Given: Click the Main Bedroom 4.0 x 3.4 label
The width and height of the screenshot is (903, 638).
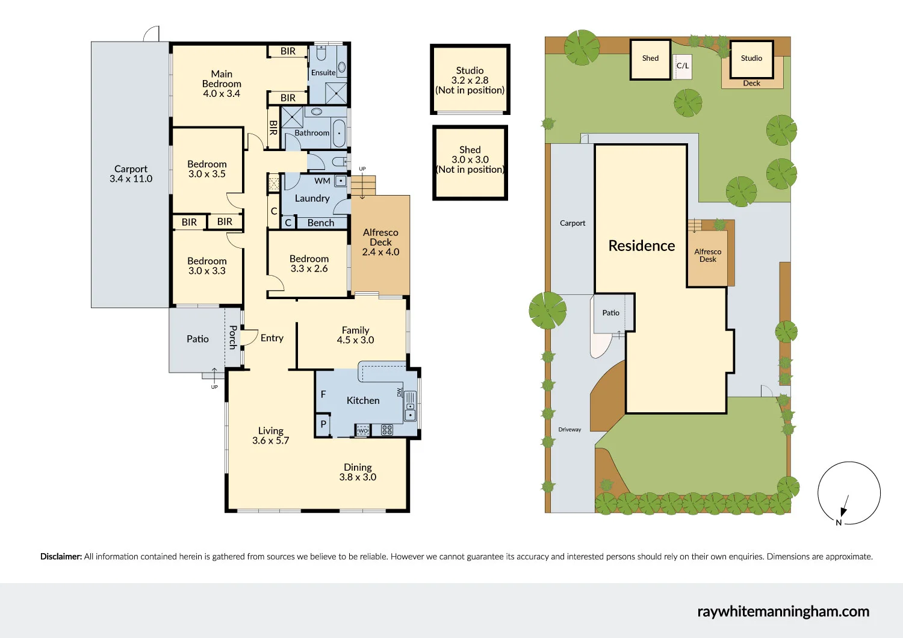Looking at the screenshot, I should (222, 84).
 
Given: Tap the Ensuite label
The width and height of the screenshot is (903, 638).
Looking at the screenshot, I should (323, 73).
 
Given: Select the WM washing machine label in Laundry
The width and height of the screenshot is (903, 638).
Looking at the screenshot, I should (322, 181).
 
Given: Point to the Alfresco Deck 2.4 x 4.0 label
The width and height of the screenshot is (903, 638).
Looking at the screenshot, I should (380, 242).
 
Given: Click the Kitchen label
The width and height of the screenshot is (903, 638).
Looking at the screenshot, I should (363, 400).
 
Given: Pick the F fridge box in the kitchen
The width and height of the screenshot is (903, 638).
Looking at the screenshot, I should (323, 394).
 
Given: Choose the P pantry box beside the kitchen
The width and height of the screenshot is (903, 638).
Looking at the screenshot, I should (323, 424).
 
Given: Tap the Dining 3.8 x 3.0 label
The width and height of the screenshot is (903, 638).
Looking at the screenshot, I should (358, 472).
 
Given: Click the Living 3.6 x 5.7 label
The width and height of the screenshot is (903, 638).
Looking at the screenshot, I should (271, 435).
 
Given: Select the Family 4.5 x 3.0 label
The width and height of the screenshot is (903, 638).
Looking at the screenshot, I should (355, 335).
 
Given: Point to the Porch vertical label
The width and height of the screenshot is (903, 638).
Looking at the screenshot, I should (233, 337).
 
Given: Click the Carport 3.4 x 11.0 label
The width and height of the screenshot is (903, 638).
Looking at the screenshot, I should (131, 174).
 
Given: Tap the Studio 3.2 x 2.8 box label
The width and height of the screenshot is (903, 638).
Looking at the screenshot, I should (470, 80).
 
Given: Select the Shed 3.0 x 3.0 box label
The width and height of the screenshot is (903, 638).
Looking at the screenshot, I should (470, 159).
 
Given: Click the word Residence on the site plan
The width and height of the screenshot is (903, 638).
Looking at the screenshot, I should (642, 246).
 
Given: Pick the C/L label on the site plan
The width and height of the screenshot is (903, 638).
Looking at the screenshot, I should (683, 66).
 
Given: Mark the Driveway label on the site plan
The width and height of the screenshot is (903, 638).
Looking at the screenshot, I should (569, 430).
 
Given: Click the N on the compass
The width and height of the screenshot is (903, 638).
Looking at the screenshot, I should (839, 522).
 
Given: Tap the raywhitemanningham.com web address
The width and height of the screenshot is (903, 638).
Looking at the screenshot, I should (783, 612).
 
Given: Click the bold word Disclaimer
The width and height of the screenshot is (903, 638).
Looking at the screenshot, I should (61, 557).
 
